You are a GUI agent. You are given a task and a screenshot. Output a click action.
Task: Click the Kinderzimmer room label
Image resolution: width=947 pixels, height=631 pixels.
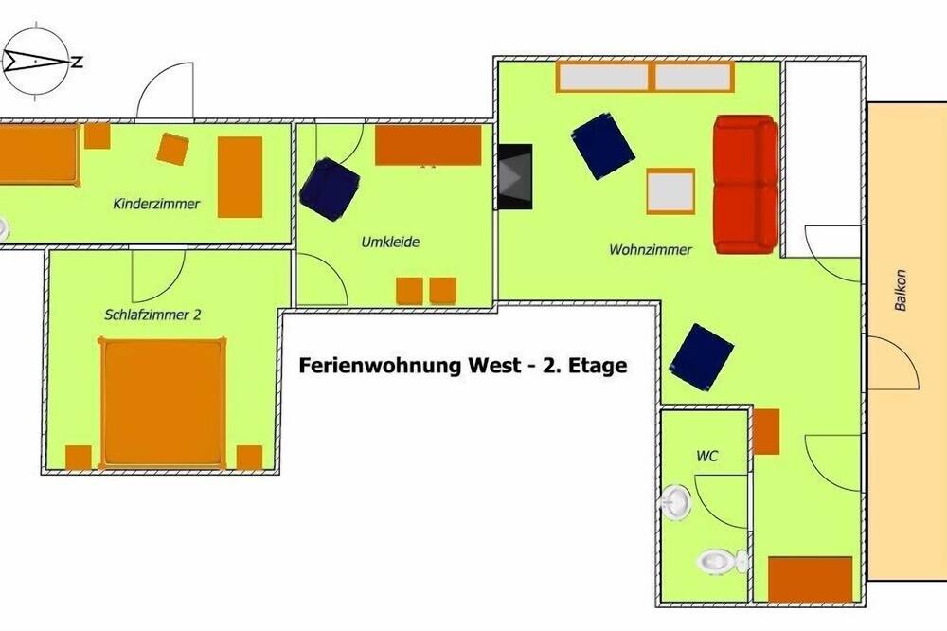(156, 204)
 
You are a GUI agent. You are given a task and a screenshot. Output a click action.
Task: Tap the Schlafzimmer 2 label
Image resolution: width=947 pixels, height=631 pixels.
(152, 315)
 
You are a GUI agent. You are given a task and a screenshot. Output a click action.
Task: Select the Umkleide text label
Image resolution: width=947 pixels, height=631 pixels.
(390, 242)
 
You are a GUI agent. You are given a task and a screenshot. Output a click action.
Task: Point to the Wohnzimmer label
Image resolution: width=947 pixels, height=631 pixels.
(651, 249)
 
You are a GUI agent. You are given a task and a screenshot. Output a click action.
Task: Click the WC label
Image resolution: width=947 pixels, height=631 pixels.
(707, 456)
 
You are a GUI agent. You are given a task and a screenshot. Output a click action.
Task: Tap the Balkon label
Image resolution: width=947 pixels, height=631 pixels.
(901, 290)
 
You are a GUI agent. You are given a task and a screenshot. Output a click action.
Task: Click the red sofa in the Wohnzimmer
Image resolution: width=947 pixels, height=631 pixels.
(746, 185)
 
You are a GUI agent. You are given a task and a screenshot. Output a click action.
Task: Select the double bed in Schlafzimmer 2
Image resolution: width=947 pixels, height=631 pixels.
(163, 404)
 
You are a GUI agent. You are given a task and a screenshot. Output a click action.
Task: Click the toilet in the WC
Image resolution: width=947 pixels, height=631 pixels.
(724, 562)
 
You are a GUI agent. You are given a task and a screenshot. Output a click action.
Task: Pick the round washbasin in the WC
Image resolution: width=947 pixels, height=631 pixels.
(676, 501)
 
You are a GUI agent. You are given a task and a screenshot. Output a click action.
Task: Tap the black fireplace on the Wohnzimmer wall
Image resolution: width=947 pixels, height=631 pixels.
(514, 176)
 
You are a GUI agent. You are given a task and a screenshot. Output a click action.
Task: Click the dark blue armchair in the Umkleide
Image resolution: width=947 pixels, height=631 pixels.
(330, 189)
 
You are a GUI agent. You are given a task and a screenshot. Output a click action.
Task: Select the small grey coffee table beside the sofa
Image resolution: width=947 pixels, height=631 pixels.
(670, 191)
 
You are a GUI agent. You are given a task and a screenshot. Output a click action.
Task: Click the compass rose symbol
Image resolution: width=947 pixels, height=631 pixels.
(36, 61)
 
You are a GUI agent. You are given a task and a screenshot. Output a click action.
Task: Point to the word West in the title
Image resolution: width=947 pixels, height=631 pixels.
(492, 366)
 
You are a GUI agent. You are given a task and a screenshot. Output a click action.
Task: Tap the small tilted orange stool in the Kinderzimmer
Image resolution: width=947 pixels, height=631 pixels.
(172, 150)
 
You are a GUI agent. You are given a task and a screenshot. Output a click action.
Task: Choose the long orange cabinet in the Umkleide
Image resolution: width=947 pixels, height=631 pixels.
(428, 145)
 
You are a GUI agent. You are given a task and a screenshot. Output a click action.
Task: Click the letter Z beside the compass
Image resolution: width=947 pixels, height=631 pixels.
(77, 62)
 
